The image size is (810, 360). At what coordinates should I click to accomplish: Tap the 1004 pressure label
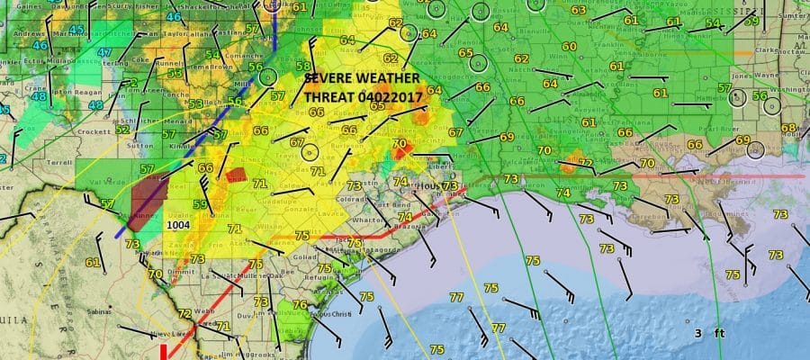[178, 226]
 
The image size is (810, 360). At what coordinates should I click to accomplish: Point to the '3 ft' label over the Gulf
[709, 334]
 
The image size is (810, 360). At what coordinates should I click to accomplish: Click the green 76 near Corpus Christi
[301, 305]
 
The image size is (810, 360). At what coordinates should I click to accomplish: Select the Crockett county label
[94, 131]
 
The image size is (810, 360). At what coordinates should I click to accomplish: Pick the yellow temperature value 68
[788, 128]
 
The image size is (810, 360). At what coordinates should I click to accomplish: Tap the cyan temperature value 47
[105, 52]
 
